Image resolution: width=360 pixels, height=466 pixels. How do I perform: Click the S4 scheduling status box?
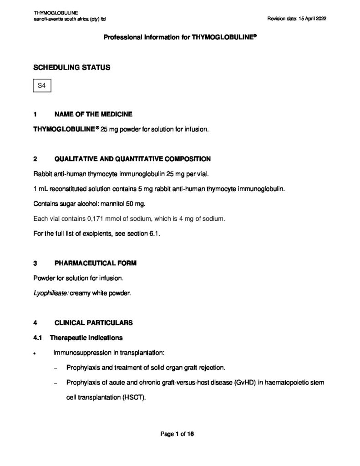point(42,86)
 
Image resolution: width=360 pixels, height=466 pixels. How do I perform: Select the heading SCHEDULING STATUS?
point(72,67)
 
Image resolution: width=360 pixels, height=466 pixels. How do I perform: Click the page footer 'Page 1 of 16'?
point(177,434)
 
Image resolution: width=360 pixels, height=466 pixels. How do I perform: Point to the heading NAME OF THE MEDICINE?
point(93,114)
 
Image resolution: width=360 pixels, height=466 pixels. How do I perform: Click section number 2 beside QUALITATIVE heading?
point(35,159)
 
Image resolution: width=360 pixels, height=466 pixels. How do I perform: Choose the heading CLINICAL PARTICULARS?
point(93,323)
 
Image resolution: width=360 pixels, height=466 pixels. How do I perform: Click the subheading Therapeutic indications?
point(86,338)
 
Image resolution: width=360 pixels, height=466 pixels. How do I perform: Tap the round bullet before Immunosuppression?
point(35,353)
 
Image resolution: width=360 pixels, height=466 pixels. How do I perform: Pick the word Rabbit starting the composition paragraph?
point(43,174)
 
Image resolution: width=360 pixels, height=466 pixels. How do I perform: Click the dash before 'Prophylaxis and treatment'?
point(55,368)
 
